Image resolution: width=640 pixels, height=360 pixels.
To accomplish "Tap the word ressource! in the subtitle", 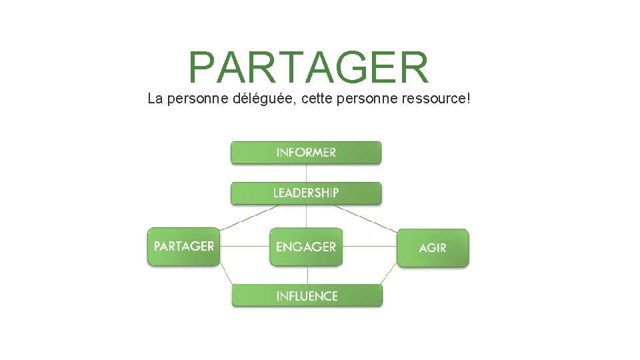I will click(436, 99).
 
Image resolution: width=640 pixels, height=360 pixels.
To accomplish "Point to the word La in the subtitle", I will click(155, 99).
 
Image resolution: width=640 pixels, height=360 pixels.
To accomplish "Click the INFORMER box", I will click(306, 152).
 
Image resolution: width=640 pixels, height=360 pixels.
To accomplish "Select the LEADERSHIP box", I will click(306, 193).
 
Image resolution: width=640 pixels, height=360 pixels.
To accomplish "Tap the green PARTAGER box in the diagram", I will click(183, 247).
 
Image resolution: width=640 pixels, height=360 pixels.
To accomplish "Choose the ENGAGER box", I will click(306, 247).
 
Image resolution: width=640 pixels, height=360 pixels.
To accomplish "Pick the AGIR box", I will click(433, 247).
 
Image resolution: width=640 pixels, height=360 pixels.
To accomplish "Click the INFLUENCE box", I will click(307, 295).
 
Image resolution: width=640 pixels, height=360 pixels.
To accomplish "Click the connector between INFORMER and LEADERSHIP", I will click(306, 173).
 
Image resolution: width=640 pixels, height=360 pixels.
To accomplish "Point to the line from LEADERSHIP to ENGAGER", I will click(306, 216).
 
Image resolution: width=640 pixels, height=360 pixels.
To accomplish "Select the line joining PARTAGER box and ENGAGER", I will click(244, 247).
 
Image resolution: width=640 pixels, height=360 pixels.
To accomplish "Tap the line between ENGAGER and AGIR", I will click(369, 247).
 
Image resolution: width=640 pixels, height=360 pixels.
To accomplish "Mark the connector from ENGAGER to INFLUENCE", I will click(307, 275).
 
